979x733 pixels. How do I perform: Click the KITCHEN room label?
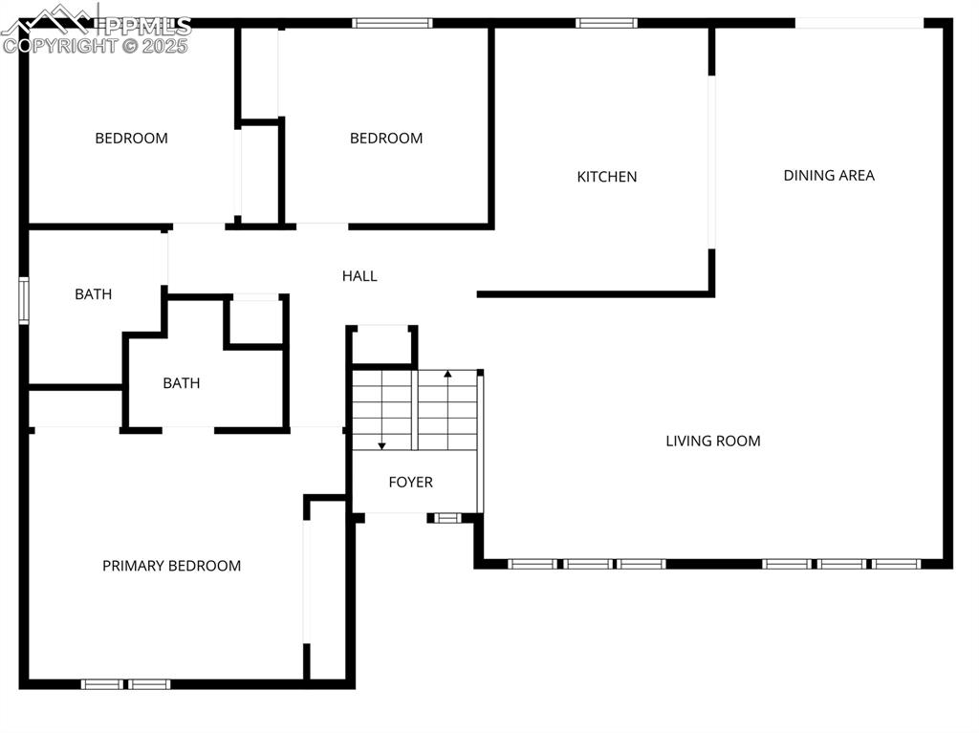pyautogui.click(x=607, y=177)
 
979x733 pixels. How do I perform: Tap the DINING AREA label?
pyautogui.click(x=829, y=175)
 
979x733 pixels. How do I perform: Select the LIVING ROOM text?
pyautogui.click(x=713, y=441)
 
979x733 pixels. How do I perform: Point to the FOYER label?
pyautogui.click(x=410, y=482)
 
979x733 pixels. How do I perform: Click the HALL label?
pyautogui.click(x=359, y=276)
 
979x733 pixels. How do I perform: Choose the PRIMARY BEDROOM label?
pyautogui.click(x=171, y=566)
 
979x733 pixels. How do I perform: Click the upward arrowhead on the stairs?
pyautogui.click(x=447, y=373)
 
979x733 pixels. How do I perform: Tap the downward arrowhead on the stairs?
pyautogui.click(x=381, y=445)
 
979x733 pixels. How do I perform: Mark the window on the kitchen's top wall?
pyautogui.click(x=606, y=23)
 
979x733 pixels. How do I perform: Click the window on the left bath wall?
pyautogui.click(x=24, y=301)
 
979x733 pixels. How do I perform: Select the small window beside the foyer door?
pyautogui.click(x=447, y=518)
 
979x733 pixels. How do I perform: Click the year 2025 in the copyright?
pyautogui.click(x=165, y=45)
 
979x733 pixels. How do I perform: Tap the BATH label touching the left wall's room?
pyautogui.click(x=93, y=294)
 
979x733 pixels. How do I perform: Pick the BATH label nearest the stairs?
pyautogui.click(x=182, y=383)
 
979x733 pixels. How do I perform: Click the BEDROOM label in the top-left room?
pyautogui.click(x=131, y=139)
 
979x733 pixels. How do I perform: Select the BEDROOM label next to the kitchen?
pyautogui.click(x=386, y=139)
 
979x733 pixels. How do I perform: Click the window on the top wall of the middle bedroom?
pyautogui.click(x=392, y=23)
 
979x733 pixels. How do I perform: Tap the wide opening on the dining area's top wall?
pyautogui.click(x=859, y=23)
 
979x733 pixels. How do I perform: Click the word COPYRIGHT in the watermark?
pyautogui.click(x=62, y=45)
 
